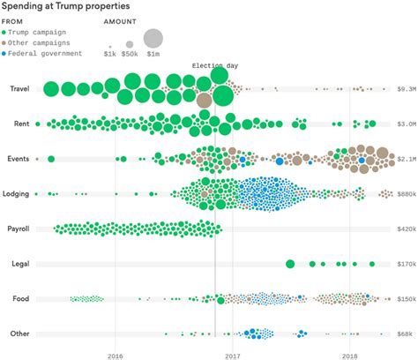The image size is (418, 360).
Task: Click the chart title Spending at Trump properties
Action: pos(67,6)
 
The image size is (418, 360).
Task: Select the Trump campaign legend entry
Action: pos(43,32)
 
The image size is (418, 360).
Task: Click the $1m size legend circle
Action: pos(153,38)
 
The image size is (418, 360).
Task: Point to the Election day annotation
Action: pos(214,66)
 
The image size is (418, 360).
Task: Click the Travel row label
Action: pos(19,88)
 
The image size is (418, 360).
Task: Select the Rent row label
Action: pos(21,124)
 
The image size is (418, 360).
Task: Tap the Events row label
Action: pos(19,159)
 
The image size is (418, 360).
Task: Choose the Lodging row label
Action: pos(17,193)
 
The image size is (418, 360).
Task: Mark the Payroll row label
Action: pos(18,229)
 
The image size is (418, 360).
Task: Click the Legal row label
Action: pos(20,263)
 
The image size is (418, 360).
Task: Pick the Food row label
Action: pos(21,298)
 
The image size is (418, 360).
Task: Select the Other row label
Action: pos(19,334)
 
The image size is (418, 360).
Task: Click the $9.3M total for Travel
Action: pos(406,89)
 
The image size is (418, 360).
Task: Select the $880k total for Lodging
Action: pos(406,194)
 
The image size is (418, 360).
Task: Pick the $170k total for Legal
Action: pos(406,264)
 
